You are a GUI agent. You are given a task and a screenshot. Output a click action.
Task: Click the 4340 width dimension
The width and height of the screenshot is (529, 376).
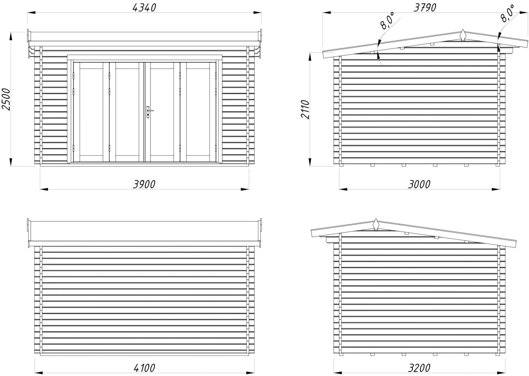144,7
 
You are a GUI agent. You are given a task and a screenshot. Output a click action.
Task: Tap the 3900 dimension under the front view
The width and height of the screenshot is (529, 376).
144,184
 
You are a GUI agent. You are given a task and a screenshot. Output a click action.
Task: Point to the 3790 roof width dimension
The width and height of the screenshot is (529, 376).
421,7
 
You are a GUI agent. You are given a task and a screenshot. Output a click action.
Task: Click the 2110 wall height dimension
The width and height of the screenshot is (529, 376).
305,109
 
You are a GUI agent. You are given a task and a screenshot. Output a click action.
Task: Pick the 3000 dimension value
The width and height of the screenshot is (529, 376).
419,184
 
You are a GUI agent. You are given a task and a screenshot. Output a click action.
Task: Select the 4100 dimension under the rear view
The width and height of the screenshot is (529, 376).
144,368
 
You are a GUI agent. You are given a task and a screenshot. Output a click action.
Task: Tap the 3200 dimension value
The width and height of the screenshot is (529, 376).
419,368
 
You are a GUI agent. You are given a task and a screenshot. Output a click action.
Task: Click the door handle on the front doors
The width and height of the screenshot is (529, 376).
149,112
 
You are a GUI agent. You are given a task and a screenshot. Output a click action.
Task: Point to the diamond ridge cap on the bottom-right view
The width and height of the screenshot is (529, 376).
376,225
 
